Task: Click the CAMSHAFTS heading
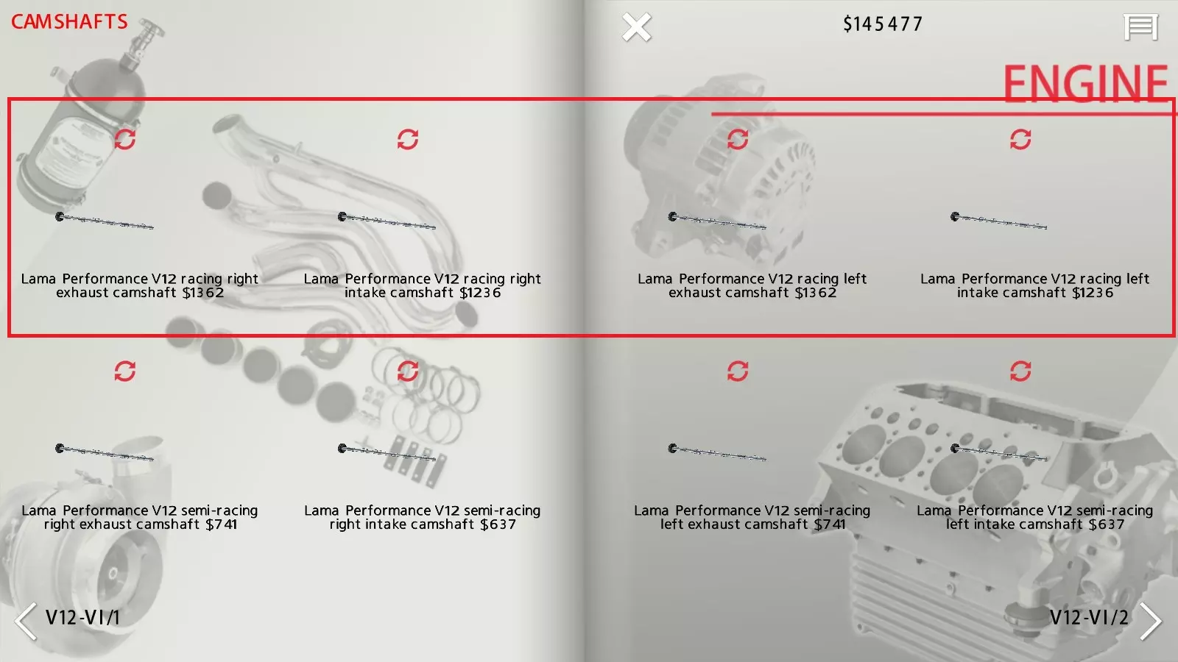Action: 69,21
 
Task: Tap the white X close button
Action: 636,26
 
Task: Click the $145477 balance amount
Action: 883,24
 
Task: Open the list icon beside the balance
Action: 1140,26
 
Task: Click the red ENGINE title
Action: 1085,83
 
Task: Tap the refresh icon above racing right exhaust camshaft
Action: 125,139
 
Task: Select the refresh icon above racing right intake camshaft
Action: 408,139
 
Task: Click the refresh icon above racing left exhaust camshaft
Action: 737,139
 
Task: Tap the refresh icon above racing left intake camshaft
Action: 1020,139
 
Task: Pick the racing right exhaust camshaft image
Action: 105,221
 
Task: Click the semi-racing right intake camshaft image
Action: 387,453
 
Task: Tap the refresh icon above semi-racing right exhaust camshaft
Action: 125,371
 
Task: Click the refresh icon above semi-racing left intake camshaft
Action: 1020,371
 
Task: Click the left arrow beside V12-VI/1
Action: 25,621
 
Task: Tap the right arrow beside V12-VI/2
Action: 1151,621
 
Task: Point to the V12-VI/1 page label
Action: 83,617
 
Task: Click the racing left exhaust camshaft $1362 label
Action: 752,286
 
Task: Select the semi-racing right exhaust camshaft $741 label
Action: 140,518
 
